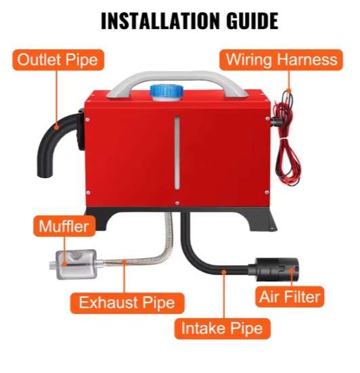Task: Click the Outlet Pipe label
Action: coord(58,60)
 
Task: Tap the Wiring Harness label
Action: coord(281,60)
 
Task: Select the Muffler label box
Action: coord(64,226)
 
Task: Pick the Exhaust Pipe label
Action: coord(127,303)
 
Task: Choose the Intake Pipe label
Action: coord(223,328)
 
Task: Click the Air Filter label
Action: coord(290,297)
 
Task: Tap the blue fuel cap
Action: coord(166,91)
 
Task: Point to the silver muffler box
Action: coord(76,264)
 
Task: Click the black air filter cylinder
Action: coord(273,269)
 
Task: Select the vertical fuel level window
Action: coord(177,152)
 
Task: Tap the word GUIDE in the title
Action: coord(252,21)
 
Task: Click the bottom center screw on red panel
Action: coord(177,203)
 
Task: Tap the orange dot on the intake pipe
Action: coord(223,271)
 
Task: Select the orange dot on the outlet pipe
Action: coord(56,127)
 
